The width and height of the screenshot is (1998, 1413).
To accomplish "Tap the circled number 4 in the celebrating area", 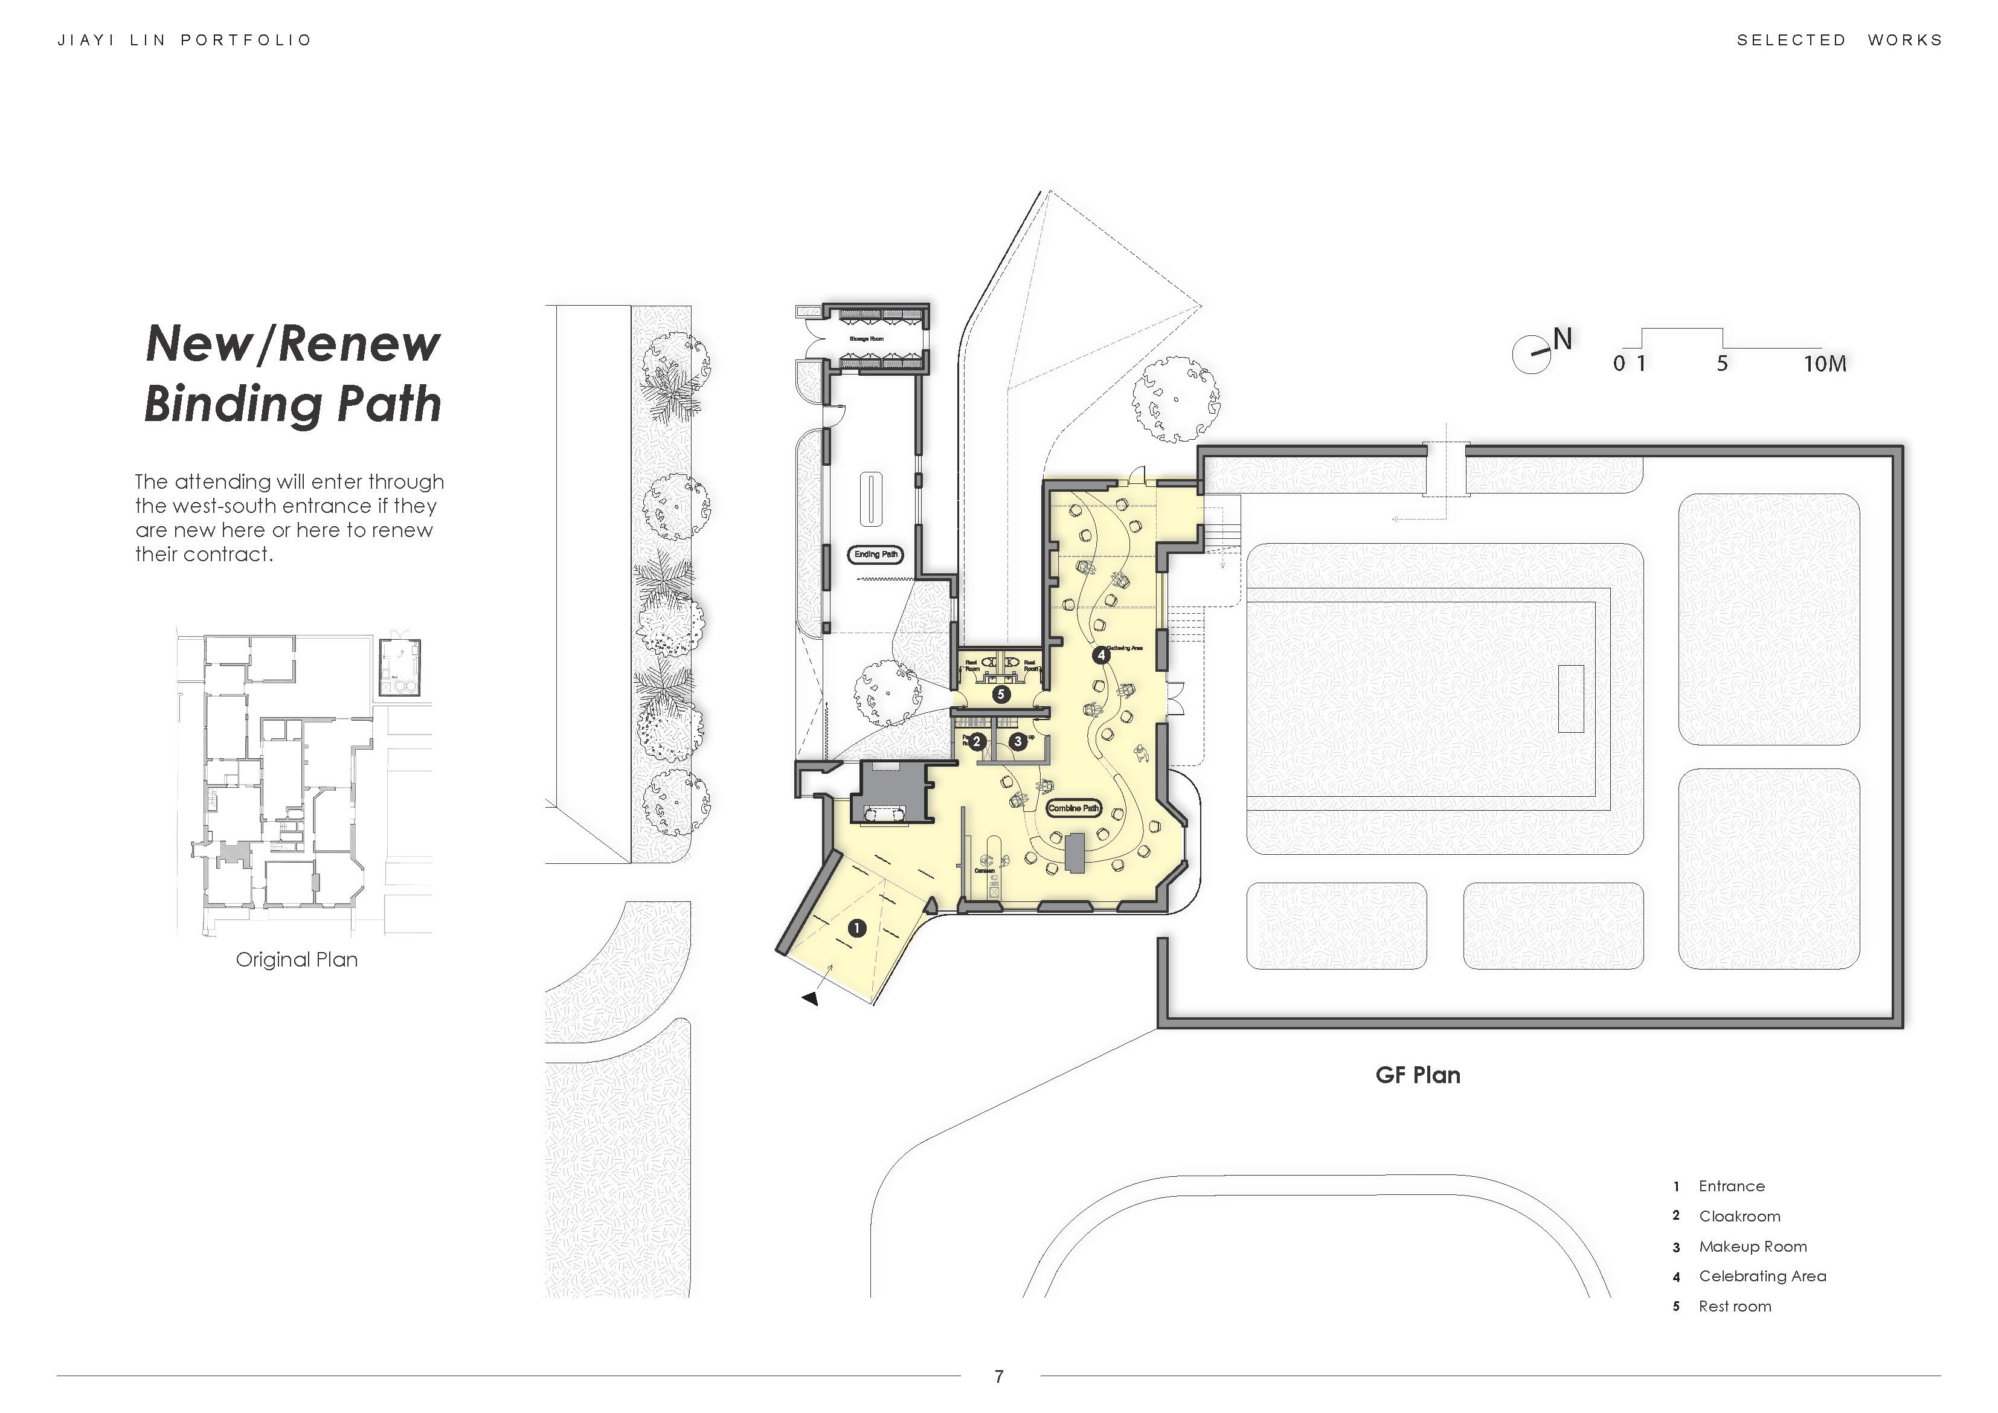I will pos(1101,655).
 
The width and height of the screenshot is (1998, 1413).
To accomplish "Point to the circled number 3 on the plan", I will pos(1017,742).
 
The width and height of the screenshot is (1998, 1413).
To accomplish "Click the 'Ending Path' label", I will pos(875,555).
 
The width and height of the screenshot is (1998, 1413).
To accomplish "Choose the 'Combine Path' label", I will pos(1074,808).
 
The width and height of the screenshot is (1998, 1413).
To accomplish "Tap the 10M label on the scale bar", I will pos(1824,364).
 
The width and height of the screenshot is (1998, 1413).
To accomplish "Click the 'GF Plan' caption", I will pos(1418,1075).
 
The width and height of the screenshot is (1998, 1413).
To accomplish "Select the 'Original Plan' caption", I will pos(297,959).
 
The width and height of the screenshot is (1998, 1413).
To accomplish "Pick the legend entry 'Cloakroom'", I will pos(1739,1216).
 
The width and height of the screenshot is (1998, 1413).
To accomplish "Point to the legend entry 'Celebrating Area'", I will pos(1762,1276).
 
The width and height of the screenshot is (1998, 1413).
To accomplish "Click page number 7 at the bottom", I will pos(999,1376).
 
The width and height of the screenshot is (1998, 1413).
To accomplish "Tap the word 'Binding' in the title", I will pos(231,405).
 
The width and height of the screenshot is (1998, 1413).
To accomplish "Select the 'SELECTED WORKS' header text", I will pos(1839,40).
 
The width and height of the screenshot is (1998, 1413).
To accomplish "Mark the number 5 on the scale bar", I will pos(1722,364).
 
